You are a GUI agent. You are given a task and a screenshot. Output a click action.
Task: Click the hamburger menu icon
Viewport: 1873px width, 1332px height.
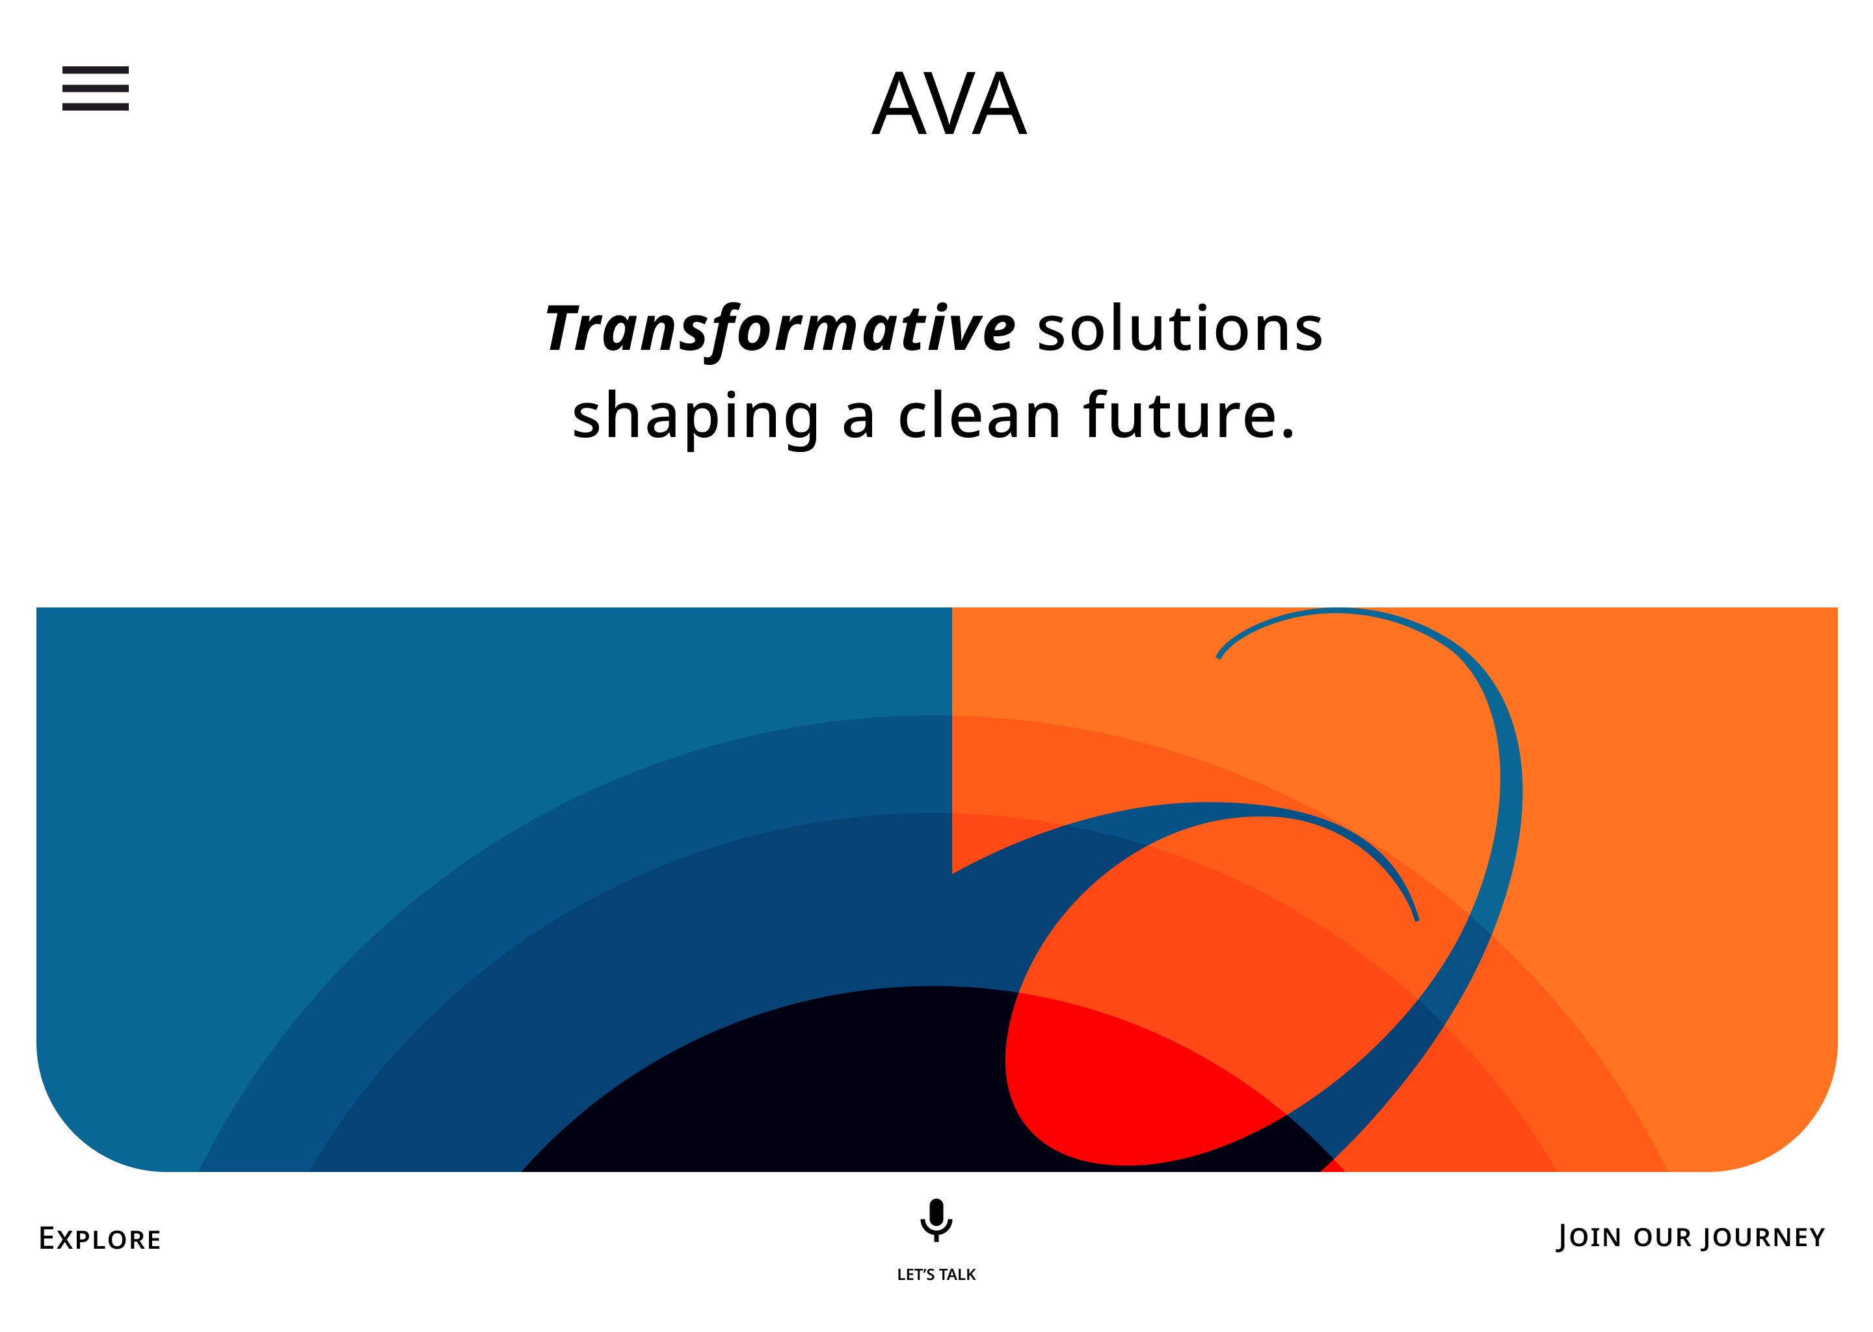click(x=95, y=88)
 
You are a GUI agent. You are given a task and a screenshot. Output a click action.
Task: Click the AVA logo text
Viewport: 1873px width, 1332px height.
click(x=949, y=104)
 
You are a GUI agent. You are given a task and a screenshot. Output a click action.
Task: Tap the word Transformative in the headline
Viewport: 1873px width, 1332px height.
click(x=780, y=330)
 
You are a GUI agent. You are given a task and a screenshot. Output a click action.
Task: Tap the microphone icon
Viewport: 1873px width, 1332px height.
click(x=936, y=1219)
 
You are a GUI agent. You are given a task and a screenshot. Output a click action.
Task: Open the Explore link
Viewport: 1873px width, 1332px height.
click(x=100, y=1238)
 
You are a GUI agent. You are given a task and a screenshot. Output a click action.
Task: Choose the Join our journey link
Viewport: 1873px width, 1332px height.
click(x=1690, y=1237)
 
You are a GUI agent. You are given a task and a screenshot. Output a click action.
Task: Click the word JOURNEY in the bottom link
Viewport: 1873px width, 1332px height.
click(x=1763, y=1237)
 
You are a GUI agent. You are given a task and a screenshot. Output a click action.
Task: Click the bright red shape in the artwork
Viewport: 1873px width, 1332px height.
click(x=1140, y=1083)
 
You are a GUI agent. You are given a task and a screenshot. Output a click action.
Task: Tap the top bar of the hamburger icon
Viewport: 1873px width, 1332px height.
click(x=95, y=70)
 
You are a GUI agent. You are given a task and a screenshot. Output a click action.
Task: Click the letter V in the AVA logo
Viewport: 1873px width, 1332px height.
click(x=949, y=104)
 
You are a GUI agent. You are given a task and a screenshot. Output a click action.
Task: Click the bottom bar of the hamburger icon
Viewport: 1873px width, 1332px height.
click(x=95, y=107)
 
